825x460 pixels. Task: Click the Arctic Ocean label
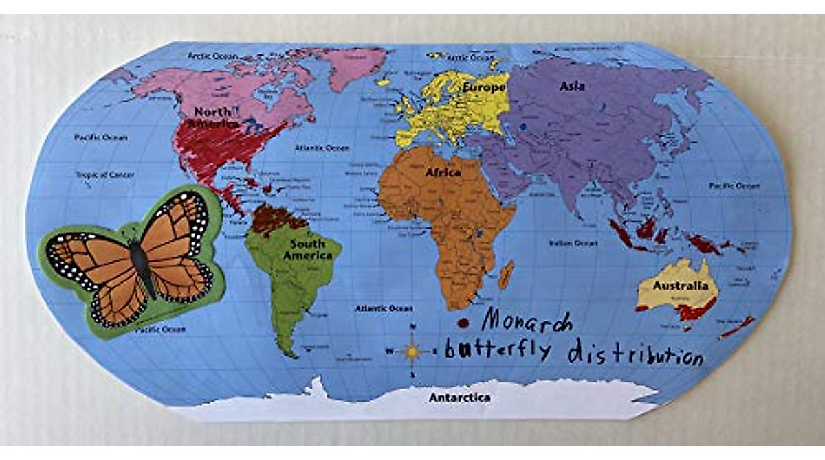click(213, 55)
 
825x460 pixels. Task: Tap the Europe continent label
click(485, 88)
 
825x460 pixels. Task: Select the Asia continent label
click(572, 87)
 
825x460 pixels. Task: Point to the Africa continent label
click(443, 172)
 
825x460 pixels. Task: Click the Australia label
click(680, 286)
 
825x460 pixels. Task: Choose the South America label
click(307, 250)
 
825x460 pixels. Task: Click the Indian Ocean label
click(573, 243)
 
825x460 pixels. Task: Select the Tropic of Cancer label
click(104, 174)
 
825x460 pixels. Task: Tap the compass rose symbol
click(412, 351)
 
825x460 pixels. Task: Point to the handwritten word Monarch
click(526, 319)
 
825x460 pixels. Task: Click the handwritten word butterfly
click(498, 349)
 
